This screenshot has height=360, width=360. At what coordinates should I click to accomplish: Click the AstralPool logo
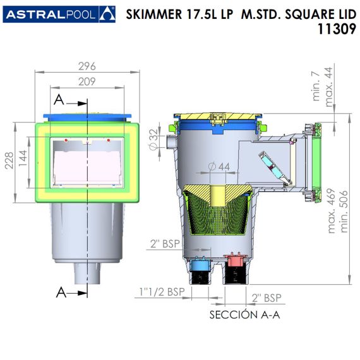click(x=59, y=15)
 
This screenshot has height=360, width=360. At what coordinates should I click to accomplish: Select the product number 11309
click(x=337, y=30)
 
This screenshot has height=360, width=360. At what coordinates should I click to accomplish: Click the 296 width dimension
click(x=87, y=66)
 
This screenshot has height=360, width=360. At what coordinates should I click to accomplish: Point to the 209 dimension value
click(x=87, y=81)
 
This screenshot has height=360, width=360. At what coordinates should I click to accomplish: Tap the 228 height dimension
click(x=9, y=160)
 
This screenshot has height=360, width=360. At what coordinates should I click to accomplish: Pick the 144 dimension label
click(x=23, y=159)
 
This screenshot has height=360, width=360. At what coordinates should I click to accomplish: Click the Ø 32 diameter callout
click(x=154, y=140)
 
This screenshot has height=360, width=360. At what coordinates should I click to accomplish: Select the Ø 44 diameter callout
click(x=219, y=167)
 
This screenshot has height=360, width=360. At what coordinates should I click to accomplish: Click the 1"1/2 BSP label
click(x=162, y=292)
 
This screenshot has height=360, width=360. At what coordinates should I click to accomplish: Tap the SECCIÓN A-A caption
click(x=245, y=315)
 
